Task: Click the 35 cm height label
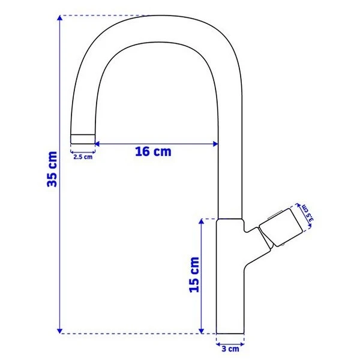click(52, 169)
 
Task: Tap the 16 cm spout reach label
click(153, 152)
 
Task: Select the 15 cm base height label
click(194, 275)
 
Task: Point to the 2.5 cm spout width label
click(83, 157)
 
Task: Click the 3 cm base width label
click(230, 349)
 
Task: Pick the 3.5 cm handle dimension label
click(307, 213)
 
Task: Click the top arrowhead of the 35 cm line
click(59, 18)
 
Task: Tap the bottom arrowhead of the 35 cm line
click(59, 331)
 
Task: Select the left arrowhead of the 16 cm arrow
click(97, 144)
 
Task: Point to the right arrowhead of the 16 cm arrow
click(215, 144)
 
